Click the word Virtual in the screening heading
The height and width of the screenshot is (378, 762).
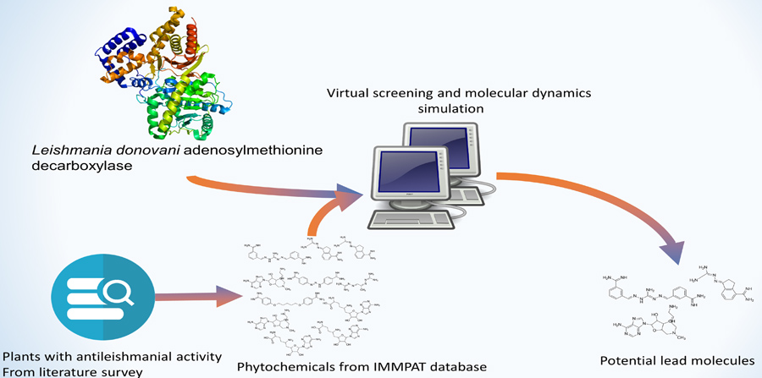click(353, 92)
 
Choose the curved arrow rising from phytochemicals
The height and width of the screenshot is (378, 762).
click(326, 211)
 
